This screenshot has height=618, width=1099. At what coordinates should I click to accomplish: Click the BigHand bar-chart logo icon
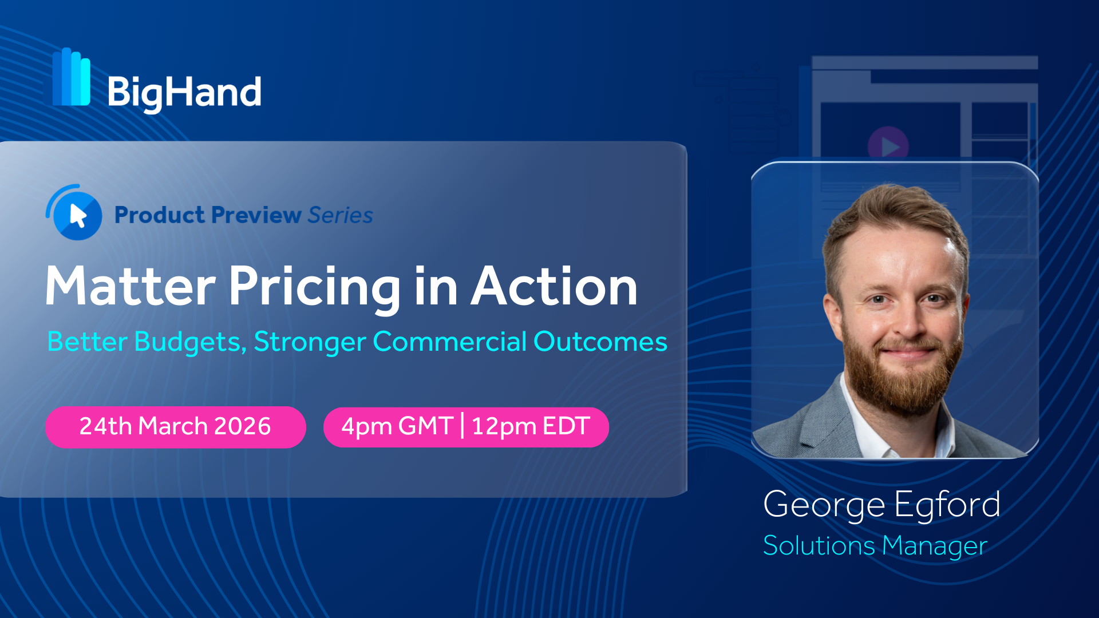coord(72,77)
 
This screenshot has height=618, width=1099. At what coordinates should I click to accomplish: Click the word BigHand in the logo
coord(184,93)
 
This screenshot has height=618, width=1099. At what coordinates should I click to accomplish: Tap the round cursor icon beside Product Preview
coord(74,213)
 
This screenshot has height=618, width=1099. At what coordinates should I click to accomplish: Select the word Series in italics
coord(340,215)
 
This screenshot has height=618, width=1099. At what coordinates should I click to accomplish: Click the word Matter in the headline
coord(131,286)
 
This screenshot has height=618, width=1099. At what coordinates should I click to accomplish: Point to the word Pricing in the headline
coord(315,288)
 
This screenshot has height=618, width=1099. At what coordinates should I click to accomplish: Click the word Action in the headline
coord(554,286)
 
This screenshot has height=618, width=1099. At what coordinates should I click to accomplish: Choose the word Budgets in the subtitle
coord(190,342)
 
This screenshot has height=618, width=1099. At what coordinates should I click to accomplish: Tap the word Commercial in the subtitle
coord(449,342)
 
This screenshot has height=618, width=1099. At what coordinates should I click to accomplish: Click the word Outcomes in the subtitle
coord(600,342)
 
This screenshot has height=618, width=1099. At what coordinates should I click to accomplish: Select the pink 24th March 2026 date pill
coord(176,427)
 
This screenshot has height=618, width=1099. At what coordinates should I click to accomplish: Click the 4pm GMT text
coord(397,427)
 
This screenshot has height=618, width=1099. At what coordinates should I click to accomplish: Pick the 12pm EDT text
coord(531,427)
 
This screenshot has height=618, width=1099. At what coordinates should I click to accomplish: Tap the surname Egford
coord(947,505)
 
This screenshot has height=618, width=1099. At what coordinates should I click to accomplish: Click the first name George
coord(825,505)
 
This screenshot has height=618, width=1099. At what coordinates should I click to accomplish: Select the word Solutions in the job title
coord(819,545)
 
